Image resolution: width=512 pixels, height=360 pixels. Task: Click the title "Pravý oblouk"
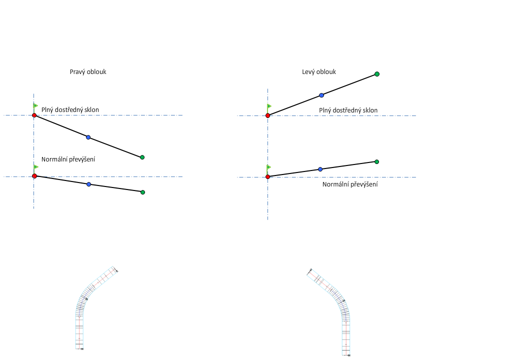click(88, 72)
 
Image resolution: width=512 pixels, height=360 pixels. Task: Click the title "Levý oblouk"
click(319, 72)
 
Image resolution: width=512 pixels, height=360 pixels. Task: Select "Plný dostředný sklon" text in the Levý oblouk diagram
click(348, 110)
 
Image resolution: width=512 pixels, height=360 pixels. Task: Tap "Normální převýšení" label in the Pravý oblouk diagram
click(68, 159)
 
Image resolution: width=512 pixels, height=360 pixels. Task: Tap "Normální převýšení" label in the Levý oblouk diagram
click(350, 184)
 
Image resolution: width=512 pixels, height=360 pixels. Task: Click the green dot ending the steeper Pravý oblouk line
click(142, 157)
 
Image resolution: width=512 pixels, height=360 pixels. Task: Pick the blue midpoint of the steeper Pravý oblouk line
click(88, 137)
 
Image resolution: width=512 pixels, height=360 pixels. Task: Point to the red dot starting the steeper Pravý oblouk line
click(34, 115)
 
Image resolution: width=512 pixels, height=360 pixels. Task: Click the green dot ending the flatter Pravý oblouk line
click(142, 192)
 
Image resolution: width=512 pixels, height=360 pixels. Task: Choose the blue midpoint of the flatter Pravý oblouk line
click(88, 184)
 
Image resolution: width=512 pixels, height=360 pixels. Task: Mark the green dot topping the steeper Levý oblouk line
click(377, 74)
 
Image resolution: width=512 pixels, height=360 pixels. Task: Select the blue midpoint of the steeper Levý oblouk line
click(321, 95)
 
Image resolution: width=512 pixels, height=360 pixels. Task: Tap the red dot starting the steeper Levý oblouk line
click(268, 115)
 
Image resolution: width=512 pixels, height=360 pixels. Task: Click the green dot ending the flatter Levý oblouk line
click(376, 161)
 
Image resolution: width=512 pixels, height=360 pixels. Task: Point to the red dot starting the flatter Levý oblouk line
click(268, 176)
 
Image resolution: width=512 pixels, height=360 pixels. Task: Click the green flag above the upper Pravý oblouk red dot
click(35, 105)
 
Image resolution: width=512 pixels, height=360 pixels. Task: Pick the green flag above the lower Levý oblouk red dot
click(269, 167)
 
